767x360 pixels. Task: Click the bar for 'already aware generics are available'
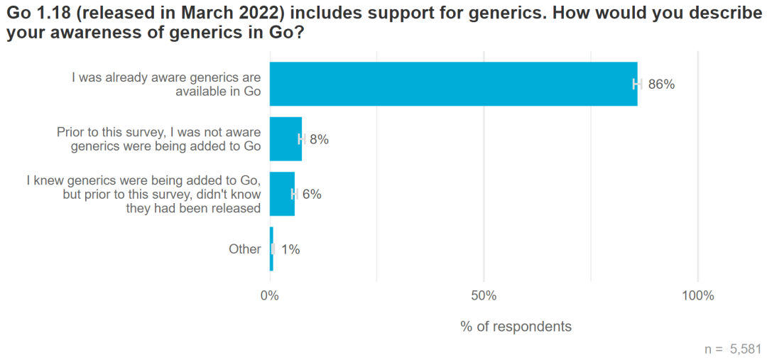[453, 84]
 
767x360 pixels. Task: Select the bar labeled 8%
[285, 139]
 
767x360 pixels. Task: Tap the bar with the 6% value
[282, 194]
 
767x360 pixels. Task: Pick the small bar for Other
[271, 249]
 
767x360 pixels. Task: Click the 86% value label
[661, 84]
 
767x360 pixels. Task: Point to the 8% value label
[319, 140]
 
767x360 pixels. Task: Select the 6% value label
[312, 195]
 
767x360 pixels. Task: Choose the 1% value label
[290, 249]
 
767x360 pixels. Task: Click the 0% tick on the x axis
[270, 295]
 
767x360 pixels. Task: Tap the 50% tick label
[484, 295]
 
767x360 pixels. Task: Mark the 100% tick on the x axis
[697, 295]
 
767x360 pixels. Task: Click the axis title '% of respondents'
[516, 327]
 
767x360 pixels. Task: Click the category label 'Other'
[245, 249]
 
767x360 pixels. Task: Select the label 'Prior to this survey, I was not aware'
[158, 133]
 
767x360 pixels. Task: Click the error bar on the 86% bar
[637, 84]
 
